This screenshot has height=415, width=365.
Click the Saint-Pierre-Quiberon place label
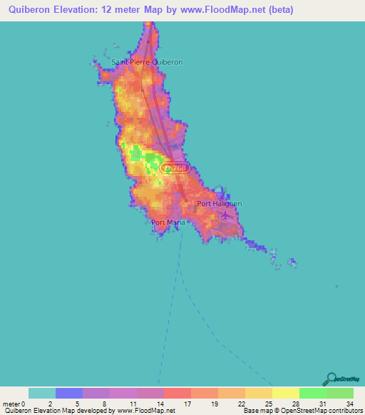[x=147, y=62]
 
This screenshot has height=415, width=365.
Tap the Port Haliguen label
[x=219, y=204]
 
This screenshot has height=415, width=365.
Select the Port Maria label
[x=168, y=222]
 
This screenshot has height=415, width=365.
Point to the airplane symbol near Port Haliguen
[x=226, y=215]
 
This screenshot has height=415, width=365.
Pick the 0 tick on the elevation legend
[x=29, y=404]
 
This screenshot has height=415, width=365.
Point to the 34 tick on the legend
[x=349, y=404]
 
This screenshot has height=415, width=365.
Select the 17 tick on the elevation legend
[x=189, y=404]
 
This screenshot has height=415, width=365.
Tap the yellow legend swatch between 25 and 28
[x=285, y=393]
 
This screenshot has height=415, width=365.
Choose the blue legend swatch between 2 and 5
[x=69, y=393]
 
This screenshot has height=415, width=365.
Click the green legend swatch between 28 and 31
[x=312, y=393]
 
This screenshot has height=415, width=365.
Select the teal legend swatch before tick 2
[x=42, y=393]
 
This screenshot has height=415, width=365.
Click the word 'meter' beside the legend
[x=13, y=404]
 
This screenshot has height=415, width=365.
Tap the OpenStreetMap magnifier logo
[x=331, y=379]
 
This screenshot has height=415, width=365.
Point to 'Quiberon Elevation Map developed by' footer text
[x=57, y=411]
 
